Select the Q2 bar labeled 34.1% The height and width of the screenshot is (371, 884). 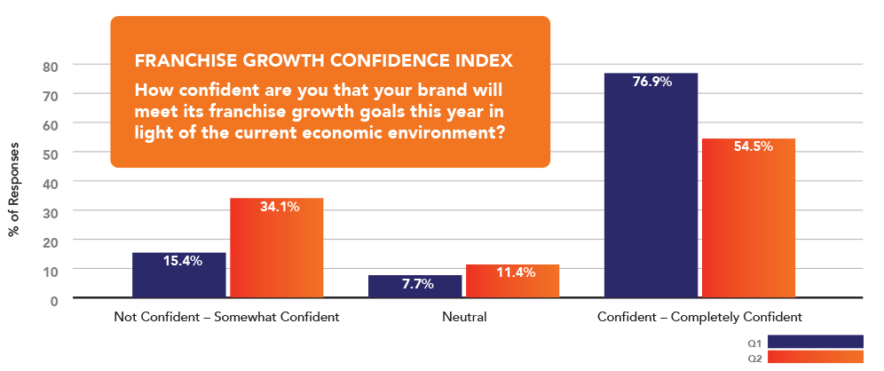tap(277, 248)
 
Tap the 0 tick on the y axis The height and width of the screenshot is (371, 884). tap(54, 300)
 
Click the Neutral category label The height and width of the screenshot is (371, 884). tap(463, 316)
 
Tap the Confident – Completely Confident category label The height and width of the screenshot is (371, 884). tap(699, 316)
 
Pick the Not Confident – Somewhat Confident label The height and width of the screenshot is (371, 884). tap(227, 316)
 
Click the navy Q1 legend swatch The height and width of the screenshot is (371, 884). tap(815, 342)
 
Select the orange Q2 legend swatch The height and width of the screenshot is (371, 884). tap(815, 358)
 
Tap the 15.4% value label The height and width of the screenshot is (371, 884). tap(183, 261)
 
